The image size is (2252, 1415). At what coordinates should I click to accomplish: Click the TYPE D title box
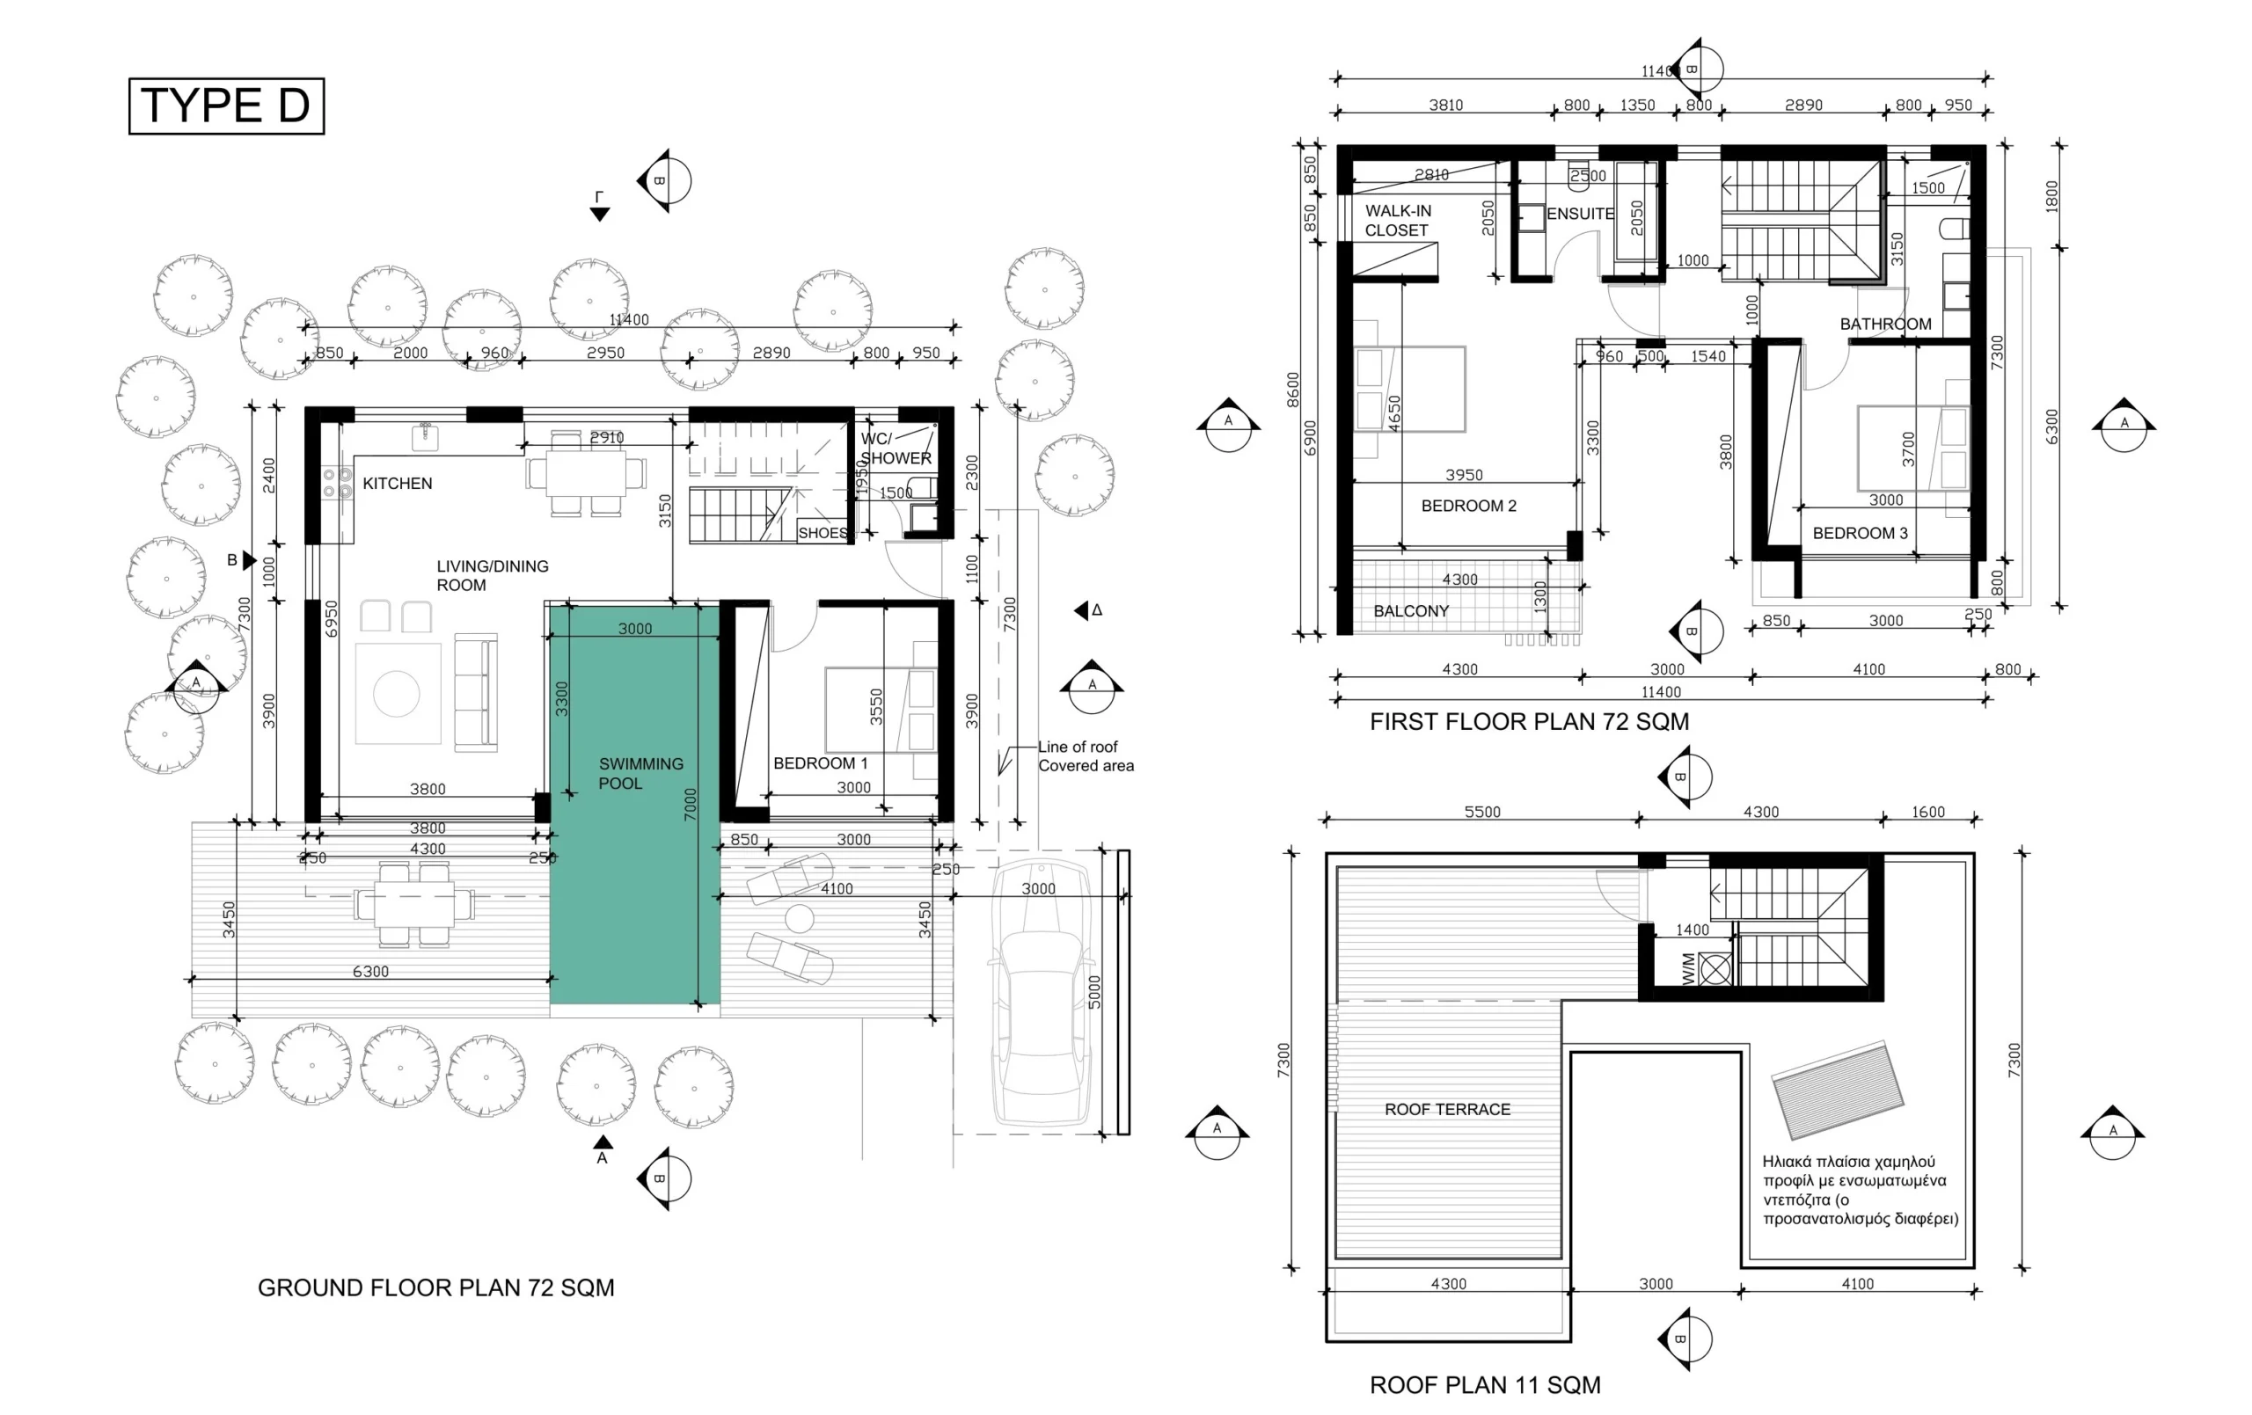[226, 106]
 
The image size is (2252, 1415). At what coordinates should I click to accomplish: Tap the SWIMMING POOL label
[640, 773]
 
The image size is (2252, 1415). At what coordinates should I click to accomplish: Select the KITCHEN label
[398, 484]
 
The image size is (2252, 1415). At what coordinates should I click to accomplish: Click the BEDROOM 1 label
[820, 763]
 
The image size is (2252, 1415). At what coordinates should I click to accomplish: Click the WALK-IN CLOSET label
[1397, 221]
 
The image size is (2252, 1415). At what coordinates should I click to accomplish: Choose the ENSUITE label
[1580, 215]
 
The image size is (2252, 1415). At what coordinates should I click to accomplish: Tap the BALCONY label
[1411, 611]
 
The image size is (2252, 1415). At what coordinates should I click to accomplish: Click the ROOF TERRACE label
[1448, 1109]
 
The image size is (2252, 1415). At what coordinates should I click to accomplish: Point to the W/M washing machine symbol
[1715, 969]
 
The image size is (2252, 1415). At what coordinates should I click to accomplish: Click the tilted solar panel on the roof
[1838, 1090]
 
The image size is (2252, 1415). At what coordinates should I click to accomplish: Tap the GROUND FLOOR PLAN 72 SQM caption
[435, 1287]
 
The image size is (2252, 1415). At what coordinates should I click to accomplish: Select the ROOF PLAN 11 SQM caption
[1485, 1385]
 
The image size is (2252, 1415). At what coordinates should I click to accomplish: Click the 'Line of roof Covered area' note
[1086, 756]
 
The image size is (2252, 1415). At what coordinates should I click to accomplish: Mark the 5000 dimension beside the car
[1095, 991]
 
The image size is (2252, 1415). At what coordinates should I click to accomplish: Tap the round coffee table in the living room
[397, 694]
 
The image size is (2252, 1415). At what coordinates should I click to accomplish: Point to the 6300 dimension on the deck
[370, 972]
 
